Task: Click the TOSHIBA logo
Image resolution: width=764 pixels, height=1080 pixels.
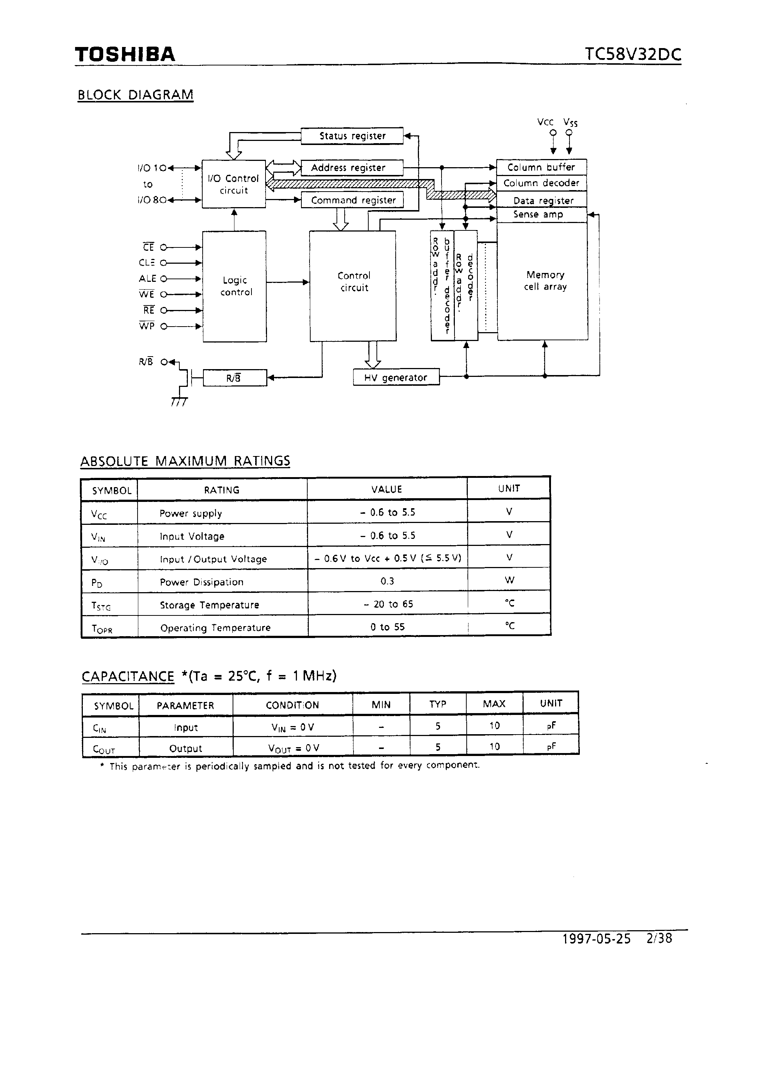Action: (x=125, y=55)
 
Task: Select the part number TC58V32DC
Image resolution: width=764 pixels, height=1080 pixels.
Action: (x=633, y=55)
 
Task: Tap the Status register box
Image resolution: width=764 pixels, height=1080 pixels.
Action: (x=352, y=136)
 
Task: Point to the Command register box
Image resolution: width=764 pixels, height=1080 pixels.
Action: (x=353, y=200)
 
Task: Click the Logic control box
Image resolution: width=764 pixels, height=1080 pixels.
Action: (x=235, y=286)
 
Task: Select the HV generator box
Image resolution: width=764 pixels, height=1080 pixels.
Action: (x=396, y=377)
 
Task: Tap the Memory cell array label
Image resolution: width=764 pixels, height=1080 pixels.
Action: (x=545, y=281)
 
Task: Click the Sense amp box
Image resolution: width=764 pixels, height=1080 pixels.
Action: (x=541, y=215)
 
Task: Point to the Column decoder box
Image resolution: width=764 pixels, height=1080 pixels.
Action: (x=541, y=183)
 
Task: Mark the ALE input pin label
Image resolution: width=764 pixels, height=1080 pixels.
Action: (x=147, y=279)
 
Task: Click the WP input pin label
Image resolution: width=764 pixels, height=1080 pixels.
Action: (x=147, y=326)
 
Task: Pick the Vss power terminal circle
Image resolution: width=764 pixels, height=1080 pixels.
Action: (x=569, y=133)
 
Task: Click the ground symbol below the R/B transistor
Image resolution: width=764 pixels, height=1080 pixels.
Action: (x=179, y=401)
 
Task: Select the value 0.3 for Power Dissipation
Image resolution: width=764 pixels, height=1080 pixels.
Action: (x=387, y=581)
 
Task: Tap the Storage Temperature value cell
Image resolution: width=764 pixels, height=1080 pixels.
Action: (x=388, y=604)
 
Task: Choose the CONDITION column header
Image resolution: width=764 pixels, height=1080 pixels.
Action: (x=292, y=705)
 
